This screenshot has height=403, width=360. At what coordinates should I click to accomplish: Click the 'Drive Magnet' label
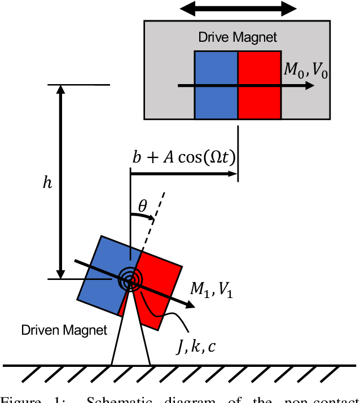coord(238,38)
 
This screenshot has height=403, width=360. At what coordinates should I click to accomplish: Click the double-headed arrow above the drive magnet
coord(238,8)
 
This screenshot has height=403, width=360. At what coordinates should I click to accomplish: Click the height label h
coord(49,182)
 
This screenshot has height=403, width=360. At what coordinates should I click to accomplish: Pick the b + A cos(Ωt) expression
coord(183,157)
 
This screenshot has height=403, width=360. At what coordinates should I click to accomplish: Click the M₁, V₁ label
coord(211,290)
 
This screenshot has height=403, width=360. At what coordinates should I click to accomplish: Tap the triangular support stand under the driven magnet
coord(130,339)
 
